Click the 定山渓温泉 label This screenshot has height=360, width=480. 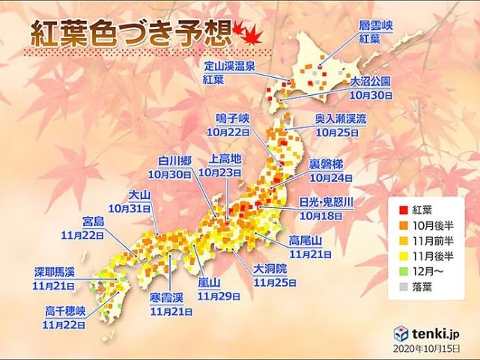pyautogui.click(x=234, y=67)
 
